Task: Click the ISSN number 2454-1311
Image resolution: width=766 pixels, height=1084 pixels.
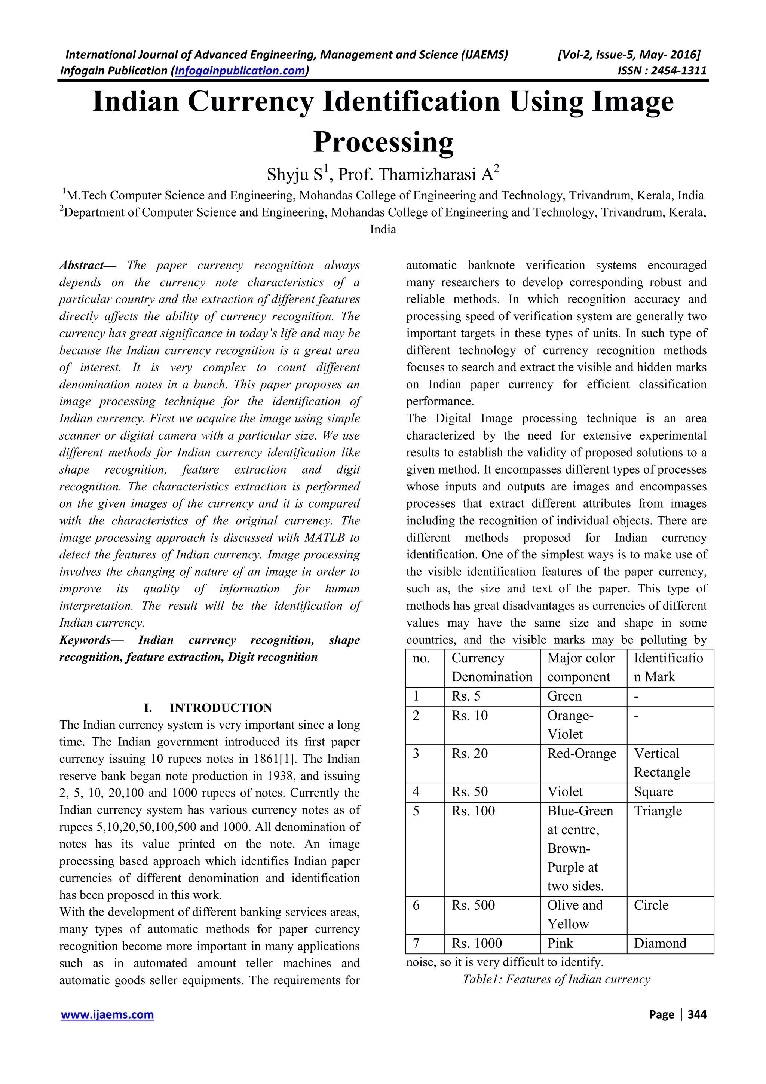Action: click(679, 71)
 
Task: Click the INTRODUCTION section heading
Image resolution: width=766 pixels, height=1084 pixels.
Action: click(220, 708)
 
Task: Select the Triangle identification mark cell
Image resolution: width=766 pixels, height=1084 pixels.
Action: click(658, 811)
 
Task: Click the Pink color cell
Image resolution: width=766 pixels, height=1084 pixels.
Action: click(560, 943)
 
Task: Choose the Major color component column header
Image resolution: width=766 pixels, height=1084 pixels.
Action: click(580, 667)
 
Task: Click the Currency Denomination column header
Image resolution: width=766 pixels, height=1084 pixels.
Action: click(491, 667)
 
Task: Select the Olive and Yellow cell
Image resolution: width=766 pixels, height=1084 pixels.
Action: click(574, 914)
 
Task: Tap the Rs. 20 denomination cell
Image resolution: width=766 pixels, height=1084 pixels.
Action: click(470, 753)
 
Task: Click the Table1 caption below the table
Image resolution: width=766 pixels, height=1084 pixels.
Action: click(556, 979)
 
